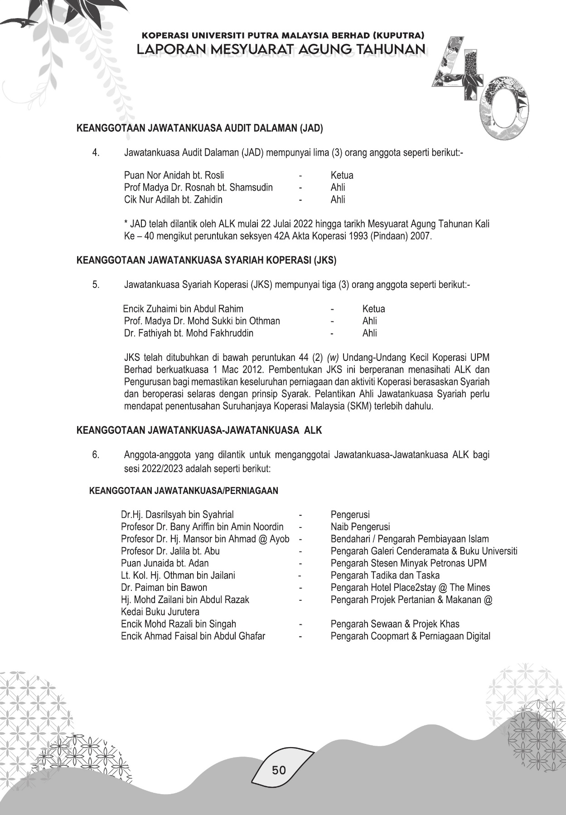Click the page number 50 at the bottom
279,769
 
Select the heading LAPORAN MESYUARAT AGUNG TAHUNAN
281,49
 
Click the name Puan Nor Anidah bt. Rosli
174,175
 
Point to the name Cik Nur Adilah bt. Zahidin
173,199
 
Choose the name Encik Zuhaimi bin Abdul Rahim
183,309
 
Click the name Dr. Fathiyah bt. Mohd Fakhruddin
189,333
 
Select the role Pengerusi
350,515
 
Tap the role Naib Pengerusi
360,527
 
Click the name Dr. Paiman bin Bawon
164,588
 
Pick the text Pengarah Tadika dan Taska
385,575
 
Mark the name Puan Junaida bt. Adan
165,563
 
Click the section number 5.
96,285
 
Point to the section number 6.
96,455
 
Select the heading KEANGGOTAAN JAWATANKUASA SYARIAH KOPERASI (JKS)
206,260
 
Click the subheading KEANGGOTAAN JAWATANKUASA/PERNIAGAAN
184,491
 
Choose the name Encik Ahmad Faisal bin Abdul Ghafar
193,636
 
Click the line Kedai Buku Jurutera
160,612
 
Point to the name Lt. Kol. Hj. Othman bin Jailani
178,575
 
